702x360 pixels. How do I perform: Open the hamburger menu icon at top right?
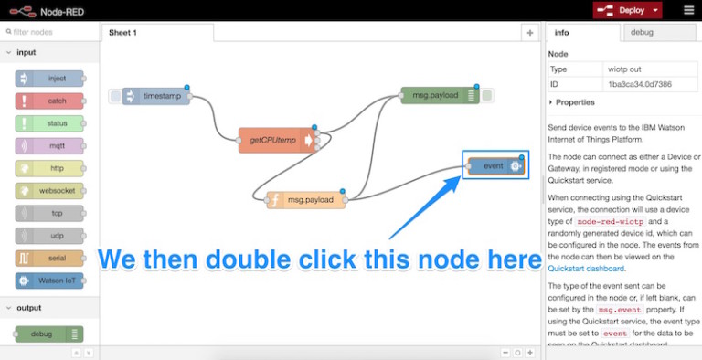point(688,10)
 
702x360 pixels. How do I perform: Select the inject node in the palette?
point(49,79)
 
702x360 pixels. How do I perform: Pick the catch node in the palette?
point(49,101)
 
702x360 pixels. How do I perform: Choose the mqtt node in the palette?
point(49,145)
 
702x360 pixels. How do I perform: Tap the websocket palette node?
point(49,190)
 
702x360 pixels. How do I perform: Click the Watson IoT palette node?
point(49,280)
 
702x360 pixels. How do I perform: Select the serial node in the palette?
point(49,258)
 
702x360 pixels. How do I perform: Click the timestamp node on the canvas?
point(156,96)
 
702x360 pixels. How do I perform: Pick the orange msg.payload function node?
point(306,200)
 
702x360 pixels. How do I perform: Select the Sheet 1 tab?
point(123,32)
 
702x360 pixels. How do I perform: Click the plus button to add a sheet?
point(529,32)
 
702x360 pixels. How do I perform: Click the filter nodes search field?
point(50,32)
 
